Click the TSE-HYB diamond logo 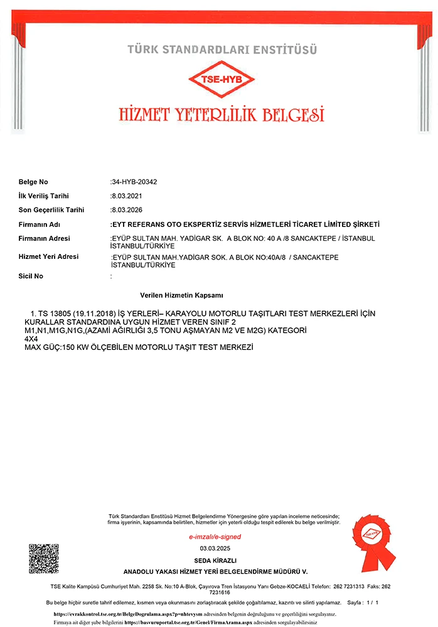pos(222,80)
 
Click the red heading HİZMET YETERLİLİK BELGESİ pos(222,115)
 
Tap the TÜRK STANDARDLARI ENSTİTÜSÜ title pos(222,49)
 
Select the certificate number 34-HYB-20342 pos(134,182)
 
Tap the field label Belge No pos(33,182)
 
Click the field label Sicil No pos(31,276)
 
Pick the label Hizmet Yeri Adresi pos(48,257)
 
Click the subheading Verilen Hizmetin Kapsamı pos(182,295)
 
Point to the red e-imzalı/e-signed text pos(215,537)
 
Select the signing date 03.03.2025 pos(215,549)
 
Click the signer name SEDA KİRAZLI pos(215,560)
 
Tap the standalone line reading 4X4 pos(31,339)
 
